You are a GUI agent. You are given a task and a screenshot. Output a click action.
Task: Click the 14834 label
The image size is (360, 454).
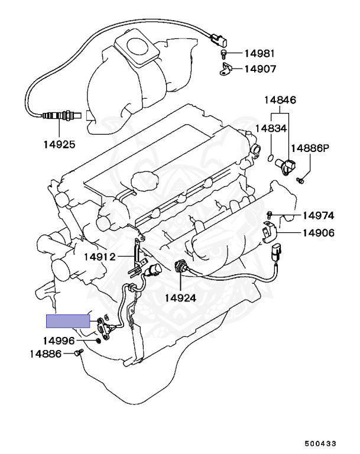(x=271, y=128)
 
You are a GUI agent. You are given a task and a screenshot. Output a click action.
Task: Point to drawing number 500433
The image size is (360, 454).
(x=322, y=442)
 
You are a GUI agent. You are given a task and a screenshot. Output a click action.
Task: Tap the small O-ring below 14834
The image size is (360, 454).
(x=270, y=158)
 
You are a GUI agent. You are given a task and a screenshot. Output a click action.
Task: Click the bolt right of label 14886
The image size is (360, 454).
(x=78, y=354)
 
